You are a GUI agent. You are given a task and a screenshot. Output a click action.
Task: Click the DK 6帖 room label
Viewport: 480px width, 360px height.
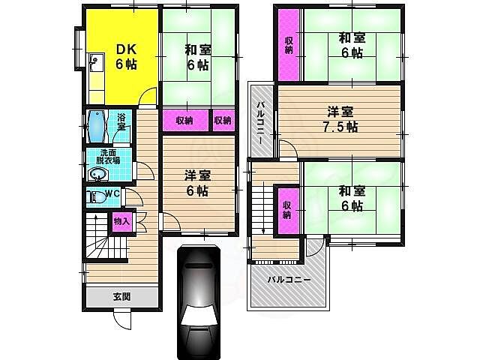126,57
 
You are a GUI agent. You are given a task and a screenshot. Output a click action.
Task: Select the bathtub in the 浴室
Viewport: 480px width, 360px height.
96,127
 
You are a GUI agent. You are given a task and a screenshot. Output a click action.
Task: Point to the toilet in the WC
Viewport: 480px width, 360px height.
96,197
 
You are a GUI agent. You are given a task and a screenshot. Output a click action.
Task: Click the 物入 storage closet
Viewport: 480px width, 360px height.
121,220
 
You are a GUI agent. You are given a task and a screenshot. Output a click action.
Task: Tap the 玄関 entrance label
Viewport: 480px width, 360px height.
121,296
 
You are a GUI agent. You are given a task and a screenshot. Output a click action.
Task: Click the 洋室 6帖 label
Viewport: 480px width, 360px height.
198,184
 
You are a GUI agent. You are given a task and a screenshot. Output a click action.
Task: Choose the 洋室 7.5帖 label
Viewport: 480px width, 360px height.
340,119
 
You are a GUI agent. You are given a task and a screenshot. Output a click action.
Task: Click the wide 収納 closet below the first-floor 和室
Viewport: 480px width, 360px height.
185,121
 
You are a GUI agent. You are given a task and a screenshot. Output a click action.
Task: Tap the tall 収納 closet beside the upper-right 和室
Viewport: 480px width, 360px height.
289,45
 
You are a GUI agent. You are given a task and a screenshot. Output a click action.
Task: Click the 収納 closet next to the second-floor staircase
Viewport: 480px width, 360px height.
287,210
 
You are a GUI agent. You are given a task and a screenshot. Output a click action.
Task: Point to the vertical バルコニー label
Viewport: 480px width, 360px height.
260,122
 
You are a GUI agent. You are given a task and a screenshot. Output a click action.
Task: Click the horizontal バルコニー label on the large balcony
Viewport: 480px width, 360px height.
289,280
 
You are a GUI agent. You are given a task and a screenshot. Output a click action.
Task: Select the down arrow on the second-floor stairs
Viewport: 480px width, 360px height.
263,208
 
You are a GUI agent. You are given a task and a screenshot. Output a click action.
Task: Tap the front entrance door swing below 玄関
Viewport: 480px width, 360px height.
122,320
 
